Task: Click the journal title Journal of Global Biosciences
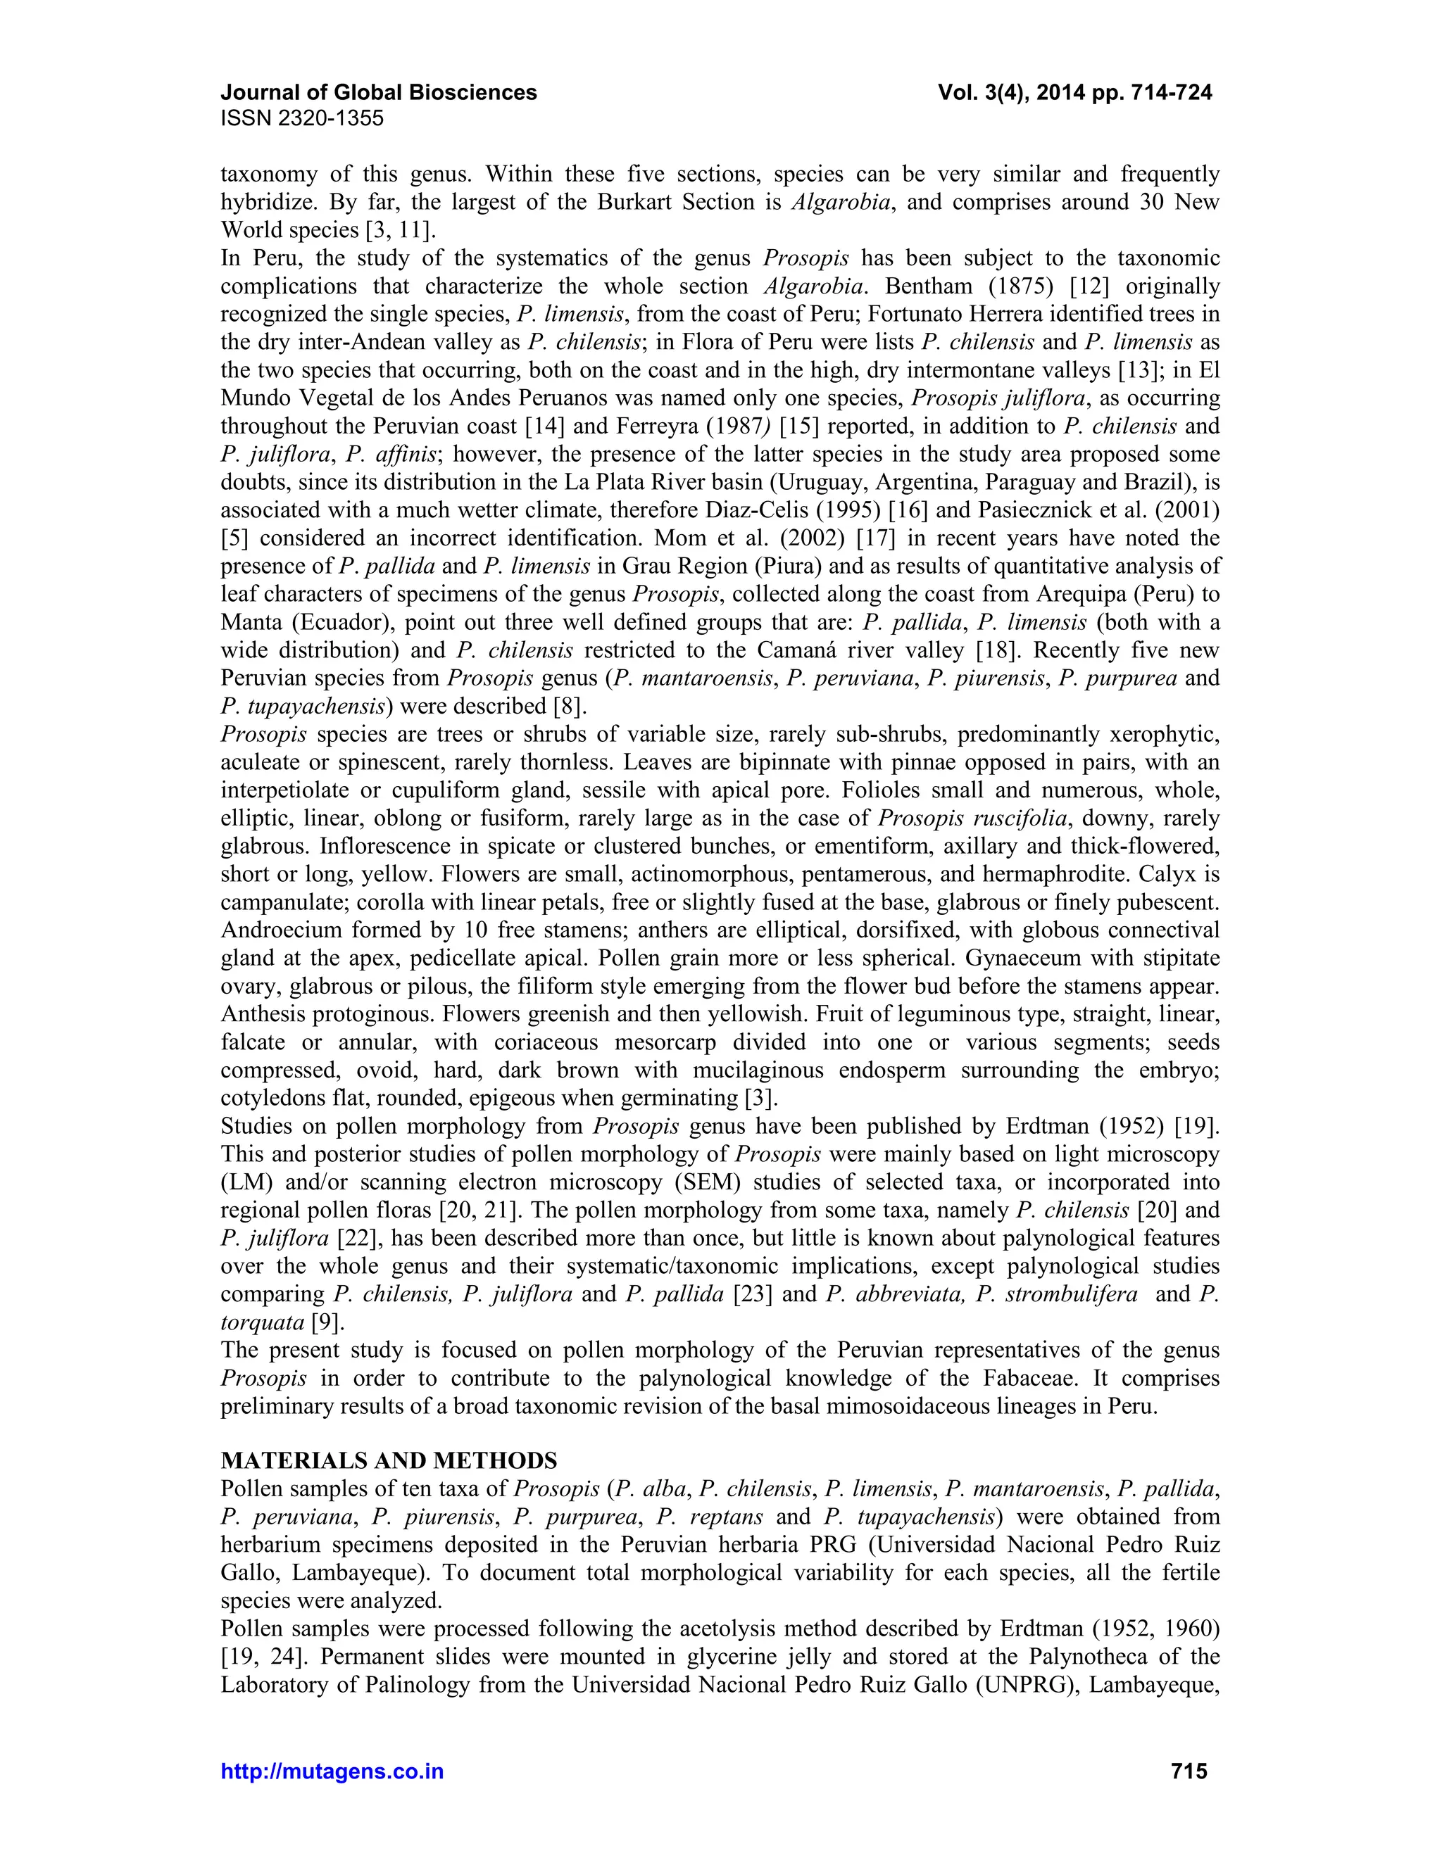(378, 92)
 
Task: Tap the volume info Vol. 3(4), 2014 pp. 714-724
(1074, 92)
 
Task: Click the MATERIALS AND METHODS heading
(389, 1460)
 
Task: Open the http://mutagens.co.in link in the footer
(332, 1772)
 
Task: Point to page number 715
(1189, 1772)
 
